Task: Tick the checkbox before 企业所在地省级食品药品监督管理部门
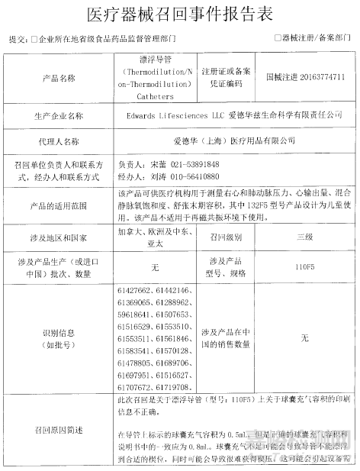34,37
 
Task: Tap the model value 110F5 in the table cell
305,268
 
